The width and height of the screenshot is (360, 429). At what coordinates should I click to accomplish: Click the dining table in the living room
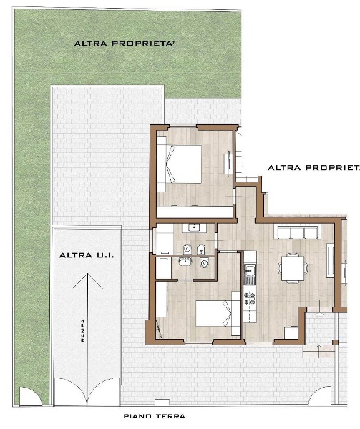pos(293,268)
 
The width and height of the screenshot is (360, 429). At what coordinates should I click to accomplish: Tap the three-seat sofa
pos(299,232)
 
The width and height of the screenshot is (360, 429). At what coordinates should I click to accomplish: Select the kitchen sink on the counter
pos(250,271)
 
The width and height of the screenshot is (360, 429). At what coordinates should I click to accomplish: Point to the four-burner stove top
pos(250,298)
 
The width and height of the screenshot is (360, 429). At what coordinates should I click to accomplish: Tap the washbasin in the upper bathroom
pos(194,227)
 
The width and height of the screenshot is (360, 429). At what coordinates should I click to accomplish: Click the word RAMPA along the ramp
pos(83,330)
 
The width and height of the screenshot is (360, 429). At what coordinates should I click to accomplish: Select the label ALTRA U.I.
pos(87,255)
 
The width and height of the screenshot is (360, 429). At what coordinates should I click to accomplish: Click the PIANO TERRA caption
pos(155,416)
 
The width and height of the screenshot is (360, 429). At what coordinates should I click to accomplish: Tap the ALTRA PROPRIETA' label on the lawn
pos(125,44)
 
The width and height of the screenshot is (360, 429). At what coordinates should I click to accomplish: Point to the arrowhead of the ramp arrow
pos(87,274)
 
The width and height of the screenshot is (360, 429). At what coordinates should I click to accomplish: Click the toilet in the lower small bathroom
pos(204,263)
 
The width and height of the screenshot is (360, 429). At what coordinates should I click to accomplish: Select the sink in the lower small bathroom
pos(185,262)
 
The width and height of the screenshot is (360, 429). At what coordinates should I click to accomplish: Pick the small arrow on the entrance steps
pos(318,351)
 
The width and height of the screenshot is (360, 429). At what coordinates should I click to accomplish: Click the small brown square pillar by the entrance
pos(335,342)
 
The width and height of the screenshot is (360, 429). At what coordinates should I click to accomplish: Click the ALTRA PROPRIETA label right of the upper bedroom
pos(313,168)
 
